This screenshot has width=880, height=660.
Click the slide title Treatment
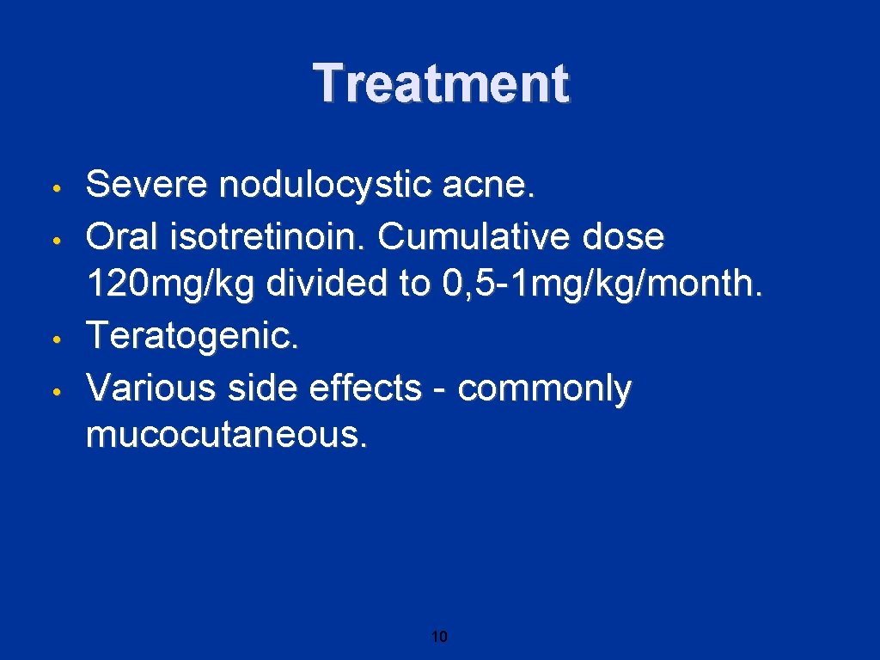tap(440, 84)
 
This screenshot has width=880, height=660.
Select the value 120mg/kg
tap(171, 285)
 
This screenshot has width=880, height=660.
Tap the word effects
tap(370, 389)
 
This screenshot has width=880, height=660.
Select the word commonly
tap(545, 389)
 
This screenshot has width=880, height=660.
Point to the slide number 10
tap(439, 637)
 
